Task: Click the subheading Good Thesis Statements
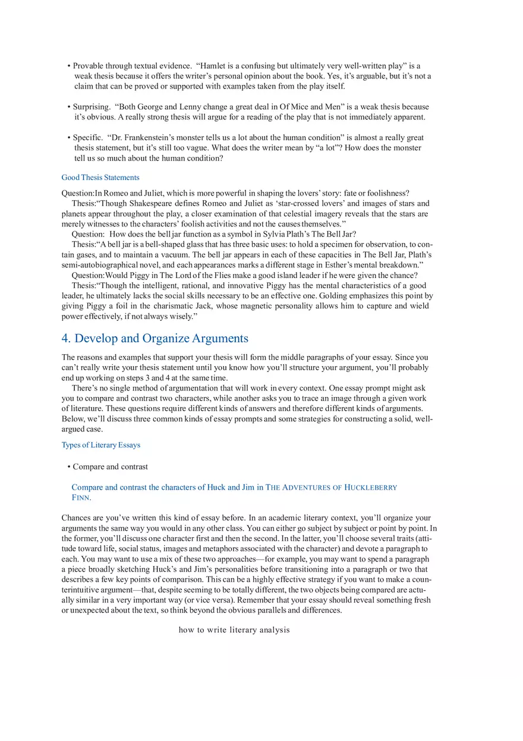100,177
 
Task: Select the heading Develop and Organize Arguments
161,338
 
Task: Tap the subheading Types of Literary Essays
101,444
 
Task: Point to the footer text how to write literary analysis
234,630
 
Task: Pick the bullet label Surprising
91,107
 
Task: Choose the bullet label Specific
87,137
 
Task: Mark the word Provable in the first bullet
89,66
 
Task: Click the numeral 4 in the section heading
65,338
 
